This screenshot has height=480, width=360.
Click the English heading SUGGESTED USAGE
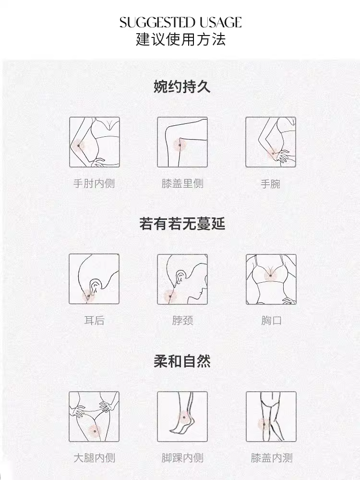(180, 23)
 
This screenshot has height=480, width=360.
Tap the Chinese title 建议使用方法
(180, 39)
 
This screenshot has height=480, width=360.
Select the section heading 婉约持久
(182, 86)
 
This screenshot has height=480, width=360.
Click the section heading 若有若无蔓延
(182, 223)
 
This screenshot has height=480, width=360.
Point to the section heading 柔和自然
(182, 361)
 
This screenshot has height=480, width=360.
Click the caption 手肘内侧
(94, 183)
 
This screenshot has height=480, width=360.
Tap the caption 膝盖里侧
(182, 183)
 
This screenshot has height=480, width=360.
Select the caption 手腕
(270, 184)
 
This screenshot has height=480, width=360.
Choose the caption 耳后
(94, 320)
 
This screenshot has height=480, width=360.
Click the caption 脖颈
(182, 320)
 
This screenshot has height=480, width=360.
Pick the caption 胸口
(271, 320)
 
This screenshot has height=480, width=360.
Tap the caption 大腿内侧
(94, 457)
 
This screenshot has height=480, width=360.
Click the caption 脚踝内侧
(182, 457)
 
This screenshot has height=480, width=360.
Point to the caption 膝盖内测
(272, 457)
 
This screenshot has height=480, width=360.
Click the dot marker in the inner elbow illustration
(79, 145)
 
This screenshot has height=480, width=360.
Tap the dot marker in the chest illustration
(271, 276)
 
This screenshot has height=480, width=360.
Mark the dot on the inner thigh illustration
(95, 431)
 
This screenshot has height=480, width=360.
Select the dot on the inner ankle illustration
(184, 417)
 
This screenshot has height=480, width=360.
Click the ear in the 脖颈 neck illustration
(181, 276)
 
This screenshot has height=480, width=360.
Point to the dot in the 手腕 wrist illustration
(273, 153)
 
